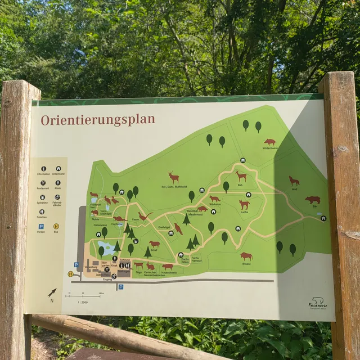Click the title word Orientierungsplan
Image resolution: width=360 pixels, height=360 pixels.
coord(98,120)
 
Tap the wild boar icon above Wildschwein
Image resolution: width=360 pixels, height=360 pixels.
coord(270,142)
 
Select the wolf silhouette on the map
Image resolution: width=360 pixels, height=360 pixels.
coord(294,181)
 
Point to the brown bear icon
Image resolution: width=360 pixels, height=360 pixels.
coord(312,200)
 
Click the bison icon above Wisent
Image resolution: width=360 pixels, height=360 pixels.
coord(246,256)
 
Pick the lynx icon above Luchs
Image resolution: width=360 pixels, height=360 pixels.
coord(244,204)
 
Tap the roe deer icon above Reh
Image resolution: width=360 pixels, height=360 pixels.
coord(241,175)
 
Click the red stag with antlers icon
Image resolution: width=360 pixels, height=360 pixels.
coord(174,177)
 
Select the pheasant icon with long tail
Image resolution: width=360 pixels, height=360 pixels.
coord(145,217)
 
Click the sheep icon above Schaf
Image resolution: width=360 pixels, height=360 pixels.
coord(154,244)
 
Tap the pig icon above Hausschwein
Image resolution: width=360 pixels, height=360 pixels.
coord(168,267)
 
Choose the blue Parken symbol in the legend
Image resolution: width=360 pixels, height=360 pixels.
coord(42,226)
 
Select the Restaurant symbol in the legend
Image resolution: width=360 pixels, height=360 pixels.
coord(43,183)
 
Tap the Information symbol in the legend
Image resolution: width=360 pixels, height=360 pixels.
coord(43,168)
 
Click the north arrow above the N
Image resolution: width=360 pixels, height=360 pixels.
coord(52,292)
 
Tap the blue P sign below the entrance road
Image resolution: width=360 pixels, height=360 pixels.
coord(120,287)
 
